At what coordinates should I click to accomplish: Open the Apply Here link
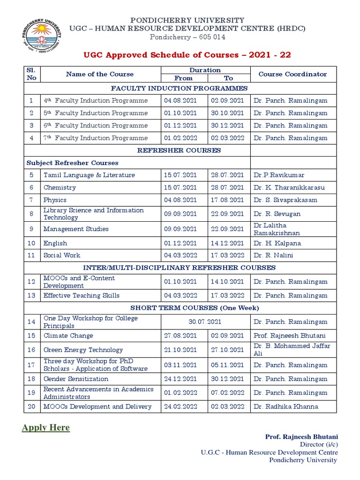(x=45, y=427)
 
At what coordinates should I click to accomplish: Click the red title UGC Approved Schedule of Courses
(x=187, y=55)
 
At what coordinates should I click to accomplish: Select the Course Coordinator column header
(x=292, y=74)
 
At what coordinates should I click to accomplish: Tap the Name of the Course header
(x=100, y=74)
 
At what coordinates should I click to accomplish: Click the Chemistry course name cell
(x=60, y=187)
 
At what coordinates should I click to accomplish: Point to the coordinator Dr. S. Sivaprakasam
(x=285, y=200)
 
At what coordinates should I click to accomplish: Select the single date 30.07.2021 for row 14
(x=205, y=322)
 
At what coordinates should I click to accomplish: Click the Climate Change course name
(x=68, y=336)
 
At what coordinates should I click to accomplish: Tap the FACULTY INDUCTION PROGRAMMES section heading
(x=180, y=88)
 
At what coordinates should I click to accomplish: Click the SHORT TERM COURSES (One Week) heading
(x=195, y=308)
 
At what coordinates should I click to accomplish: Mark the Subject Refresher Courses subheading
(x=73, y=163)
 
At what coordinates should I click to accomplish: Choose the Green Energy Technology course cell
(x=83, y=350)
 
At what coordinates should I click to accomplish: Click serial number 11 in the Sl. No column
(x=31, y=255)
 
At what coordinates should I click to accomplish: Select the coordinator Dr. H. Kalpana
(x=277, y=243)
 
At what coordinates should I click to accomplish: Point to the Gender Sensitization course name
(x=76, y=379)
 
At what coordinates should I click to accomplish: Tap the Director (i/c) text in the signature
(x=319, y=444)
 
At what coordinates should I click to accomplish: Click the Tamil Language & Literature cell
(x=89, y=175)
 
